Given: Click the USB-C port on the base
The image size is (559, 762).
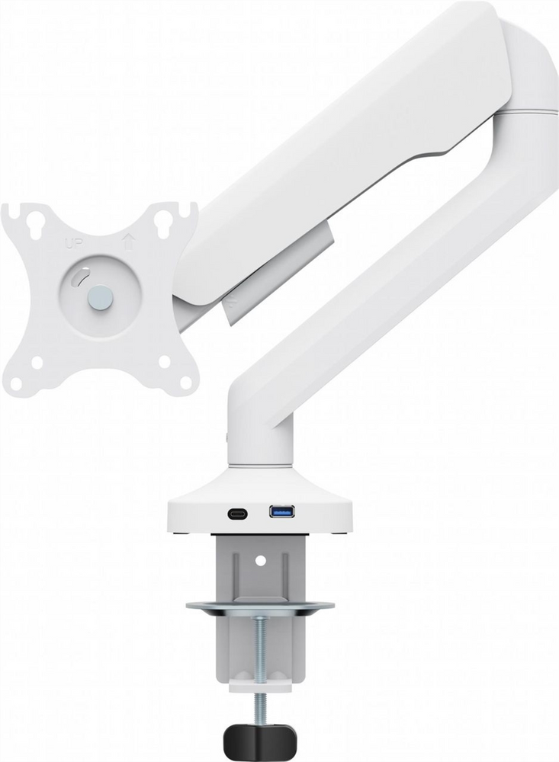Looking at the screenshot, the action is (x=237, y=514).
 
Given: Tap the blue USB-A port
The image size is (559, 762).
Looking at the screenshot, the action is (x=281, y=511).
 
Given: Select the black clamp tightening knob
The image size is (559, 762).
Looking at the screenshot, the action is (x=259, y=740).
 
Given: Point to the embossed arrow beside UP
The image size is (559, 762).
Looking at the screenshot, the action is (x=128, y=242).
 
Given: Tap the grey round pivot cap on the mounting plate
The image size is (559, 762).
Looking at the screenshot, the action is (x=100, y=297).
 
